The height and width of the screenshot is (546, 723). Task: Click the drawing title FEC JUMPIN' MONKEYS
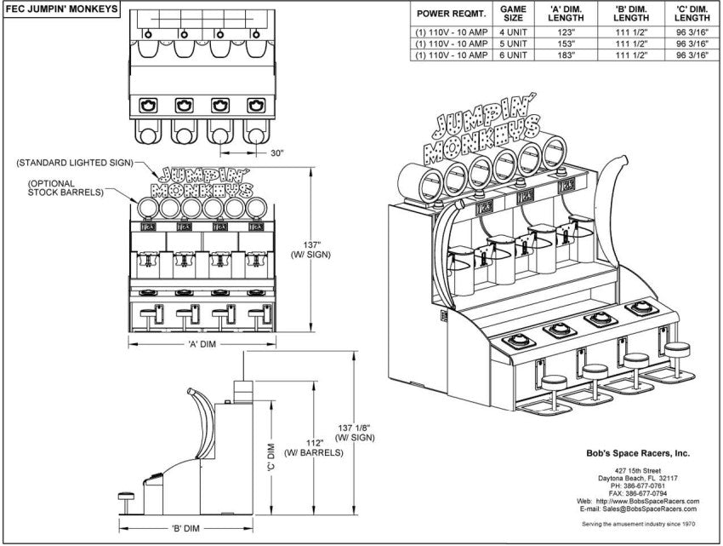coord(61,9)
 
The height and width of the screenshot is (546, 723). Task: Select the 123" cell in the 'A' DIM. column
coord(566,32)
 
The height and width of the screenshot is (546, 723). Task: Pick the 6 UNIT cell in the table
coord(513,55)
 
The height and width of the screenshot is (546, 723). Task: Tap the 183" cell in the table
coord(566,55)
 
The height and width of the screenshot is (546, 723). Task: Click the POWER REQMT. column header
coord(452,14)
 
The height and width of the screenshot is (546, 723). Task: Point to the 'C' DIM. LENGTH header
coord(692,14)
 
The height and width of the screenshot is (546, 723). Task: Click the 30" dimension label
coord(276,153)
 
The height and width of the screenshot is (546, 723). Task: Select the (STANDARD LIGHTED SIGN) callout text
coord(75,163)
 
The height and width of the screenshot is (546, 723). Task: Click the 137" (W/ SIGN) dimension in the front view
coord(310,250)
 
